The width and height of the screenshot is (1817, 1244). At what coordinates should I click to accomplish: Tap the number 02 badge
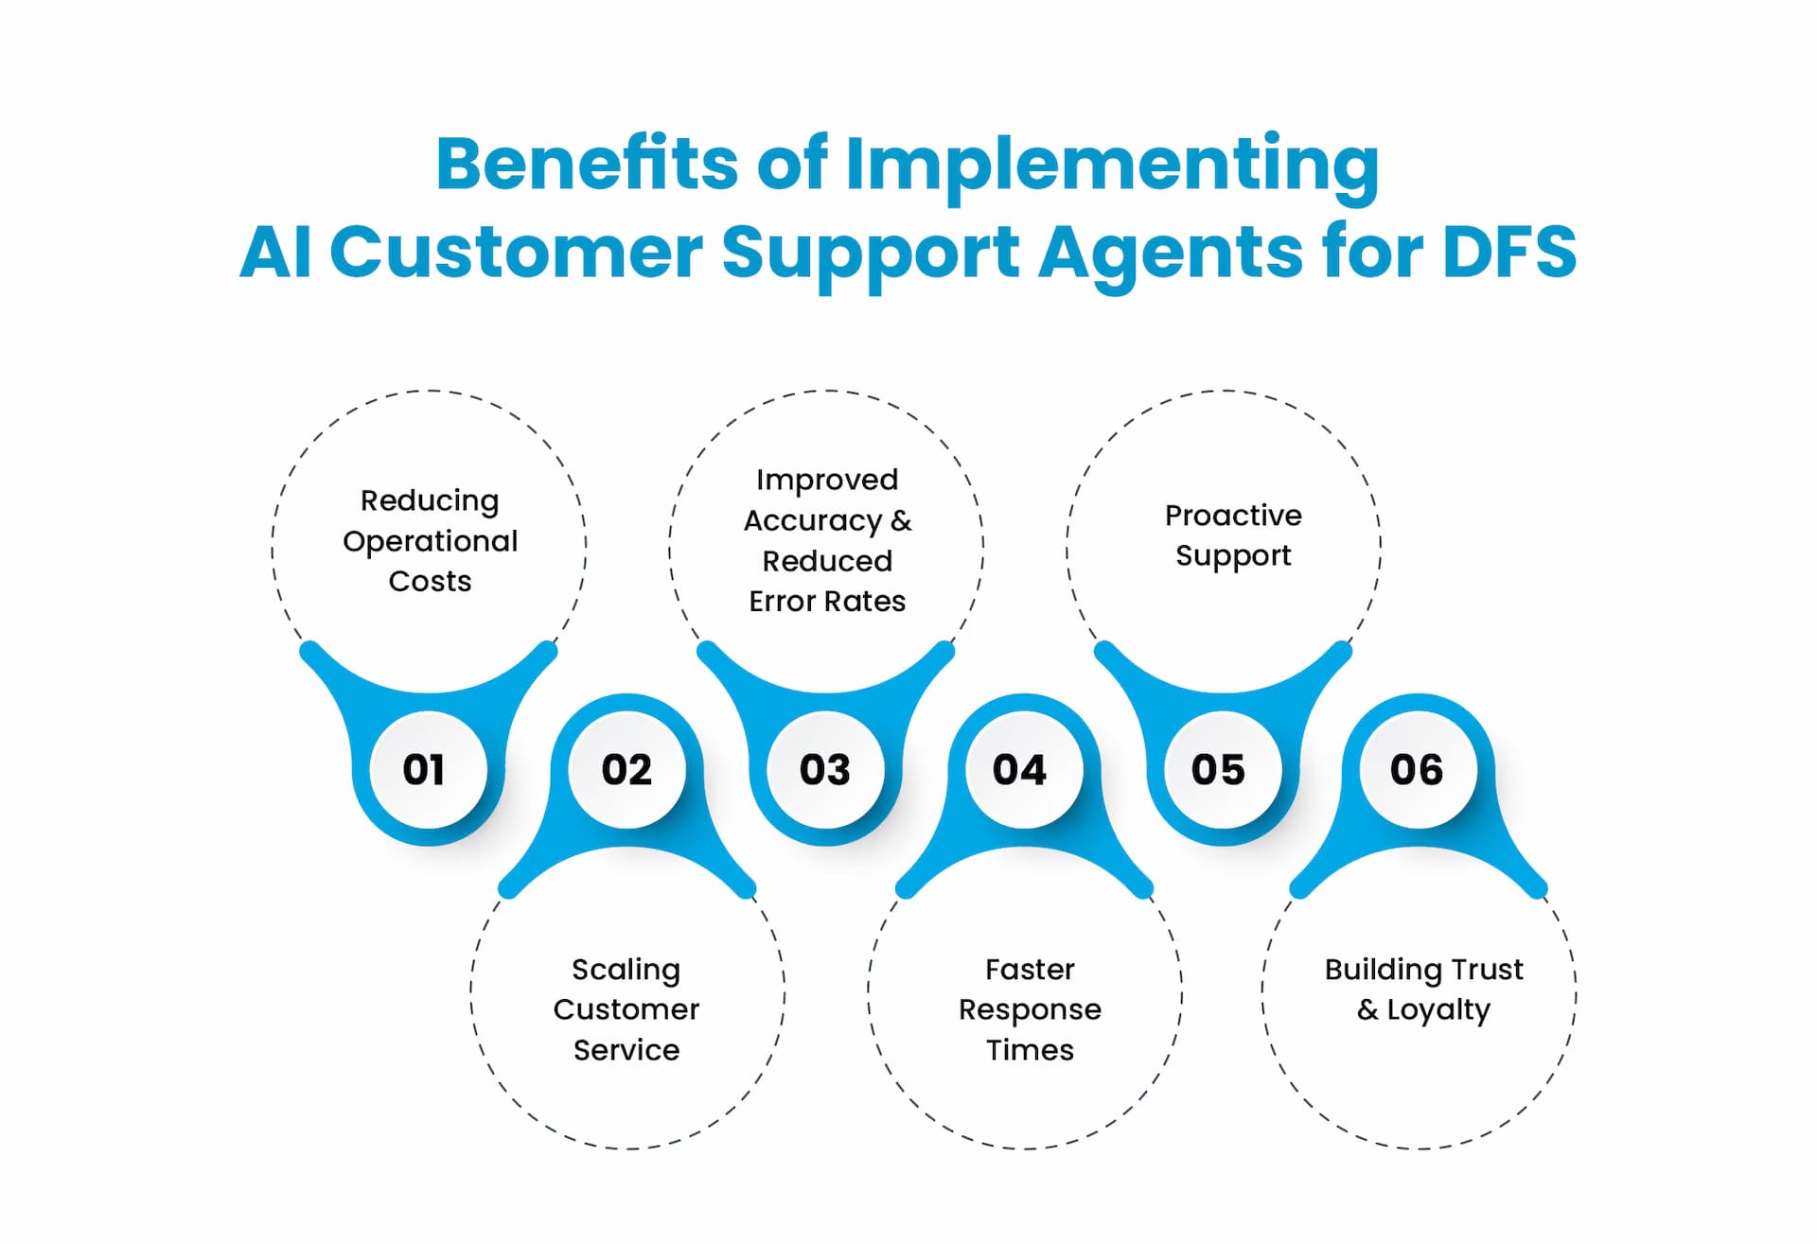coord(626,769)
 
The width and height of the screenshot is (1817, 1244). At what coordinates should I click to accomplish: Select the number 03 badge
coord(825,769)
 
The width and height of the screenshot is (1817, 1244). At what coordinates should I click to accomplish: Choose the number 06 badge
coord(1418,769)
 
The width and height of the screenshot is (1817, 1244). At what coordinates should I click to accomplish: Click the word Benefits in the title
coord(586,164)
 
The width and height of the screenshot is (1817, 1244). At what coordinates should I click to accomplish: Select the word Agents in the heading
coord(1171,254)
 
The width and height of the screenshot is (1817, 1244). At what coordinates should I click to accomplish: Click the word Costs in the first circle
coord(430,581)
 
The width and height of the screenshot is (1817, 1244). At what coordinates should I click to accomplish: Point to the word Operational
coord(430,541)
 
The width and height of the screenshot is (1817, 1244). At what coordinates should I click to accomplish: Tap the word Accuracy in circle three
coord(812,520)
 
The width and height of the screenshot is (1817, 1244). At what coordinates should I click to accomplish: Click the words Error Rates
coord(827,602)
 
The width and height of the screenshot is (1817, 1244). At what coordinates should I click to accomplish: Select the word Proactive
coord(1233,516)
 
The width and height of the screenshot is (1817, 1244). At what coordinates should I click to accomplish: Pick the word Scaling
coord(626,970)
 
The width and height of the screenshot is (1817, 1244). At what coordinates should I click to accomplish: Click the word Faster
coord(1030,970)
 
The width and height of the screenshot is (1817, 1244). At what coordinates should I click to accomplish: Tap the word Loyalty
coord(1438,1010)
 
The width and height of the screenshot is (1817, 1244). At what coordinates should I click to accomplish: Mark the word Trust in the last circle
coord(1487,970)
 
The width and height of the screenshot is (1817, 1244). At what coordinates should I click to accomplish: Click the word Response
coord(1030,1010)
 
